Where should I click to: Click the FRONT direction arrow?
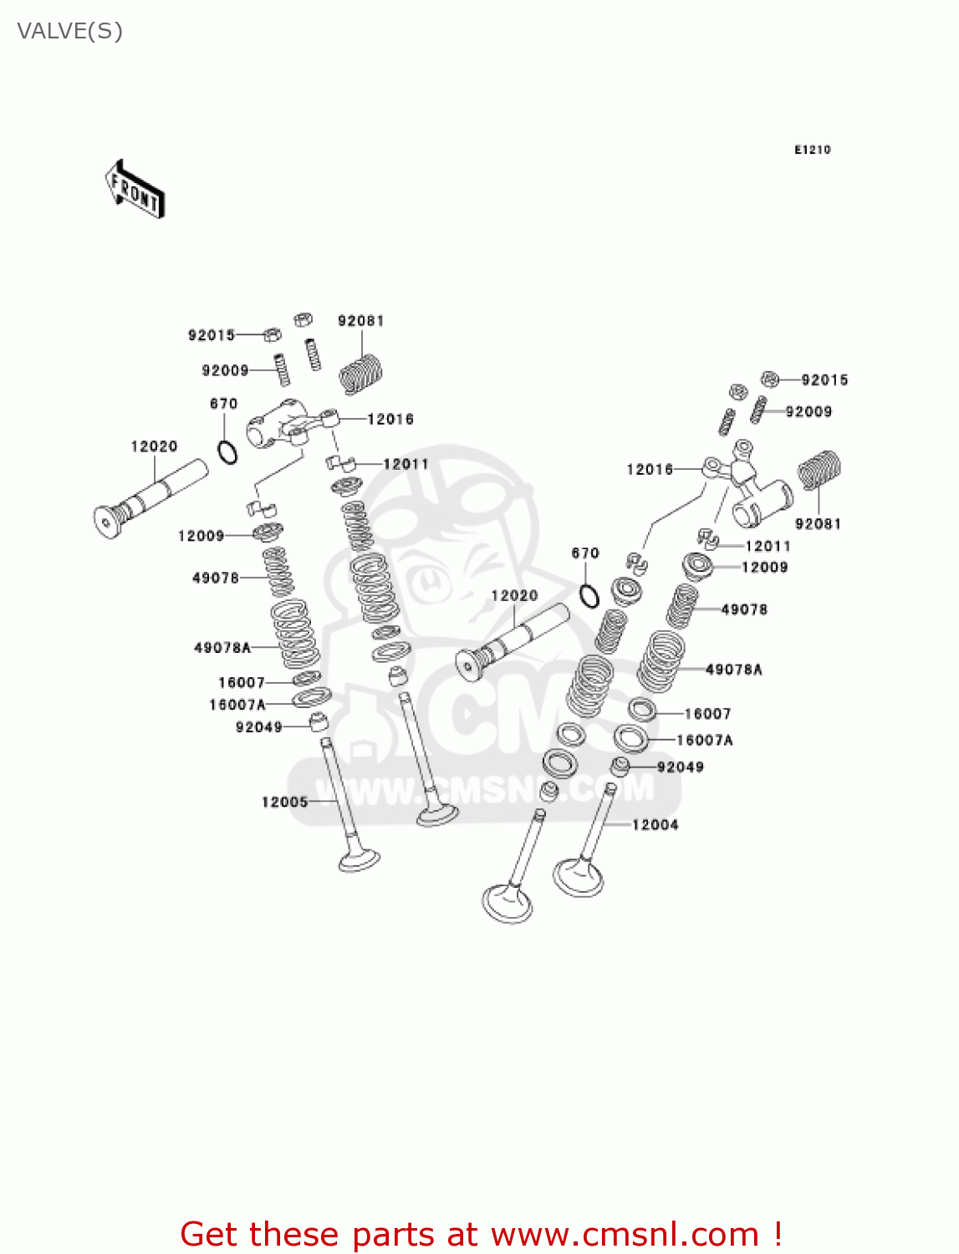135,190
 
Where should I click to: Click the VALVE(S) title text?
69,32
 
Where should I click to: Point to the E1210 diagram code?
812,150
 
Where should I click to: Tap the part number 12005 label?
284,802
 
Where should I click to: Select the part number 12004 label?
655,825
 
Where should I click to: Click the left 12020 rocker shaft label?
154,446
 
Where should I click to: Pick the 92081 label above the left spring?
360,321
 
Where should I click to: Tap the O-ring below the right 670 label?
589,596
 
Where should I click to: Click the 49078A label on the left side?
222,648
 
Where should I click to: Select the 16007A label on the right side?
704,741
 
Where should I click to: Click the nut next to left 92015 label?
271,335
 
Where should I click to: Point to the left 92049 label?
258,727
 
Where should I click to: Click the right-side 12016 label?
650,470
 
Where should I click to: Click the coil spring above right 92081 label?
819,470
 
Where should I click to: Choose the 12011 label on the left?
406,464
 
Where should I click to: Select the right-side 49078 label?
744,609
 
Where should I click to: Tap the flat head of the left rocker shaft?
105,522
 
